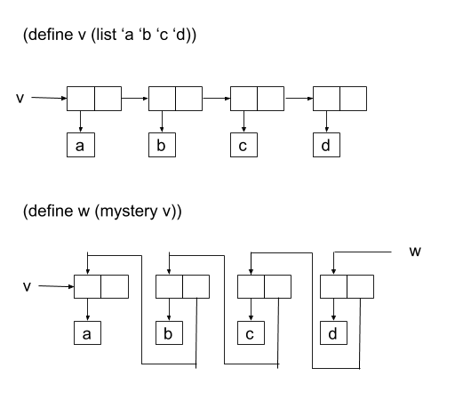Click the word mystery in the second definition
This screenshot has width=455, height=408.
(x=129, y=212)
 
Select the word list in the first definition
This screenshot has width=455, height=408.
(x=107, y=34)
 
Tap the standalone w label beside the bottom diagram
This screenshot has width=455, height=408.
(x=415, y=252)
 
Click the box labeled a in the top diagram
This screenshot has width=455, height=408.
(x=81, y=145)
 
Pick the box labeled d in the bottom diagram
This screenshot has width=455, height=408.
(x=333, y=333)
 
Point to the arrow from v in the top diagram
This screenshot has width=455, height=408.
(x=49, y=98)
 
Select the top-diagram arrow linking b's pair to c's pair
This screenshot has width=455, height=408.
(x=217, y=99)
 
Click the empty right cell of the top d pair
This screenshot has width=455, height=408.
(x=353, y=99)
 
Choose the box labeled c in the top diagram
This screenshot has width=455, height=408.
(x=243, y=145)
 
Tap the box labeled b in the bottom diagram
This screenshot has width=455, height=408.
(x=169, y=333)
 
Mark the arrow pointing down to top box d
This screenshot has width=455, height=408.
(x=326, y=122)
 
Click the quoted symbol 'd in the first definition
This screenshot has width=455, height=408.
(x=180, y=34)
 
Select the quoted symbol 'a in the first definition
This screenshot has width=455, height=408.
(x=128, y=35)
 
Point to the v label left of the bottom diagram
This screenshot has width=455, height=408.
(x=27, y=286)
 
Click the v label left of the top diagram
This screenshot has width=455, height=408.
(x=20, y=98)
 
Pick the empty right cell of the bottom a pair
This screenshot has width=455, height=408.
(x=115, y=286)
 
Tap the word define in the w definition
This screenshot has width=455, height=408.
(x=51, y=211)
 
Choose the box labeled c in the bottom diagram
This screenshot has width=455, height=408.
(x=251, y=333)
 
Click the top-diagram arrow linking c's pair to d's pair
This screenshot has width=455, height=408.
(x=299, y=99)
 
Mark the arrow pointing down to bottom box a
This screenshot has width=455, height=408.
(x=87, y=309)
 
